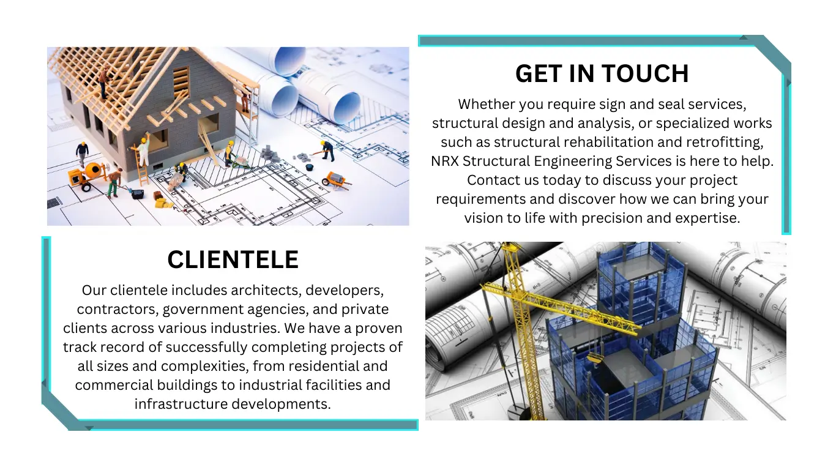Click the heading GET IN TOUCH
(602, 73)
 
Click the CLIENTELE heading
(233, 259)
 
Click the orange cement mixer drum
(94, 170)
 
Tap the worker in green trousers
(114, 183)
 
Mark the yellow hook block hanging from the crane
(594, 359)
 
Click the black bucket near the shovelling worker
(310, 167)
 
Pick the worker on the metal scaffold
(244, 99)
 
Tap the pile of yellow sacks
(165, 203)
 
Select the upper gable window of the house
(181, 81)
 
